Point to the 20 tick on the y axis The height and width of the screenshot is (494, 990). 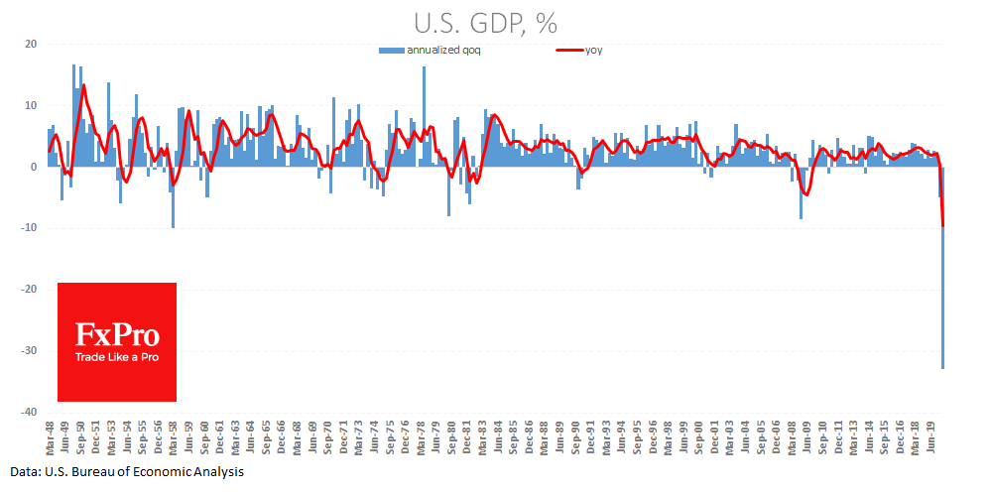pyautogui.click(x=31, y=44)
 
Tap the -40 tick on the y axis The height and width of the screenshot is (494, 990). pyautogui.click(x=28, y=412)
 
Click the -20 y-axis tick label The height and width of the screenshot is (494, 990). pyautogui.click(x=28, y=289)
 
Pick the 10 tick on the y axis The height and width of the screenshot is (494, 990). pyautogui.click(x=31, y=105)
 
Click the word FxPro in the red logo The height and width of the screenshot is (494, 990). pyautogui.click(x=117, y=334)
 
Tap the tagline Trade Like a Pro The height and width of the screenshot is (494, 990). pyautogui.click(x=117, y=357)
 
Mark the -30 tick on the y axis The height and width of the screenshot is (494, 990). pyautogui.click(x=28, y=350)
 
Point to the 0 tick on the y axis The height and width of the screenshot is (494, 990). pyautogui.click(x=34, y=167)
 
